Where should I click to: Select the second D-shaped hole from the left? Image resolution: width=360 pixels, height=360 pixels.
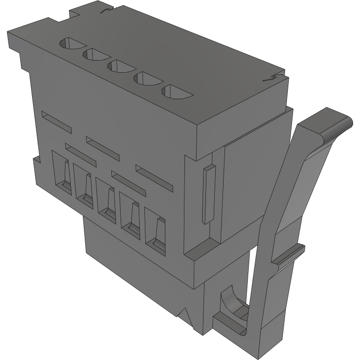click(x=95, y=55)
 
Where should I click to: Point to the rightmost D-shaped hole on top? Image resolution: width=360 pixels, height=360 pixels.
click(x=176, y=92)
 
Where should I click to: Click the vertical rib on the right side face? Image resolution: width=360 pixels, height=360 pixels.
click(x=208, y=193)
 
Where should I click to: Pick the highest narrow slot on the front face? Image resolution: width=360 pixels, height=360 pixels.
click(x=56, y=120)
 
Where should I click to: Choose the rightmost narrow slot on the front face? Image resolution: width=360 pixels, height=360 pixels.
click(x=154, y=177)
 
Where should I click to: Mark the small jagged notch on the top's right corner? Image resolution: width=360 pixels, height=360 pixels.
click(x=273, y=78)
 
